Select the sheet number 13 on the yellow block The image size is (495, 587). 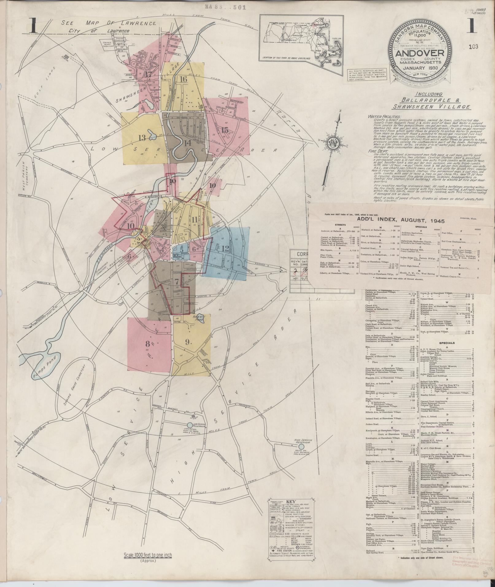click(x=142, y=138)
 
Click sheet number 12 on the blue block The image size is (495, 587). click(x=225, y=248)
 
